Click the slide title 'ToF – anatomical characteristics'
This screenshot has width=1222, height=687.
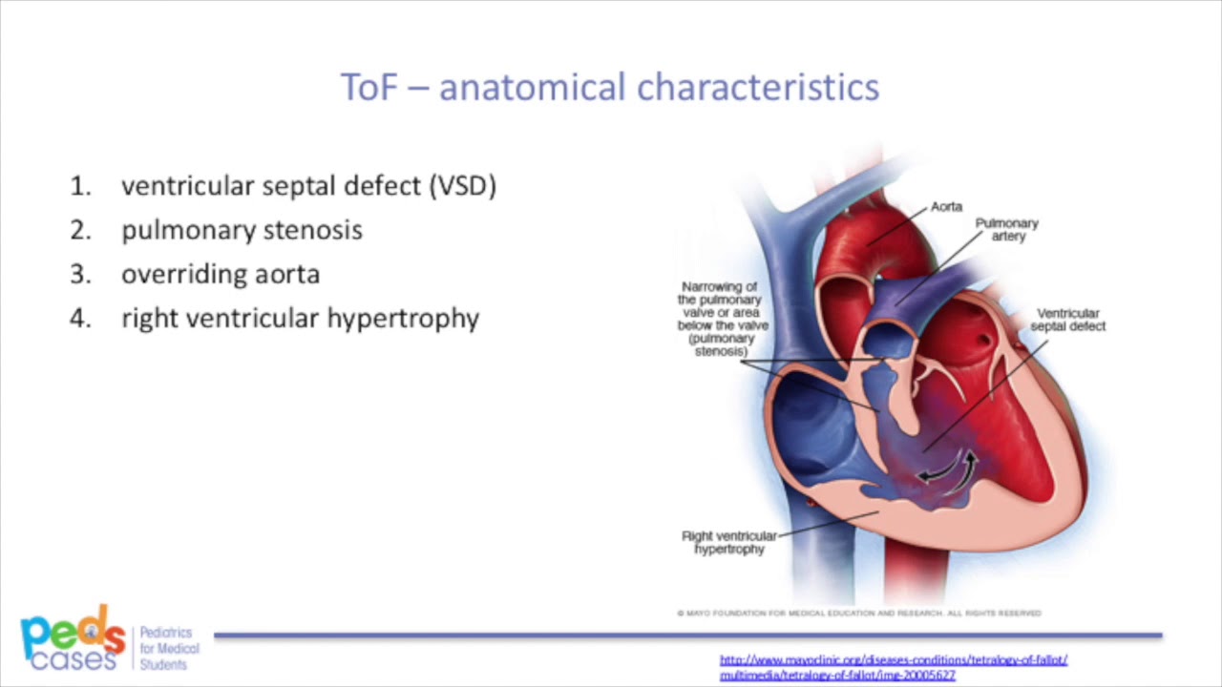coord(609,87)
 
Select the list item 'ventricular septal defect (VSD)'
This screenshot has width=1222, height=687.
coord(308,186)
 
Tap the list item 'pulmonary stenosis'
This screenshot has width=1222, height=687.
coord(242,230)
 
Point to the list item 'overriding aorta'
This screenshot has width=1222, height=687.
coord(221,274)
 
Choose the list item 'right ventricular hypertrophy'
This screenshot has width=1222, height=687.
coord(300,318)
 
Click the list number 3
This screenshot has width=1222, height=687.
coord(80,274)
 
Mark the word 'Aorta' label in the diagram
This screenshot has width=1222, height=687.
coord(946,206)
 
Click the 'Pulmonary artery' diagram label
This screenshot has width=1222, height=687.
coord(1006,229)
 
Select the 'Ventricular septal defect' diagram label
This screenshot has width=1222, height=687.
coord(1067,320)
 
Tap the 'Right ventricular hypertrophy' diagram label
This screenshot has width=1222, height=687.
coord(729,543)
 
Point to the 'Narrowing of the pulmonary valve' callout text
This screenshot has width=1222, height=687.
coord(723,319)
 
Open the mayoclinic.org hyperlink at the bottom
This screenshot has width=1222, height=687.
coord(893,667)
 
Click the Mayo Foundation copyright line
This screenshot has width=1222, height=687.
coord(858,613)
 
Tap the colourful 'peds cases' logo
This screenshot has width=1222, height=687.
coord(73,637)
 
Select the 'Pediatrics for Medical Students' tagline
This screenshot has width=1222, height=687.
coord(169,648)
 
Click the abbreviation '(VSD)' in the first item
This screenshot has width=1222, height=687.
coord(463,186)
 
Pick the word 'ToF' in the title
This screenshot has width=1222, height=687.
coord(367,88)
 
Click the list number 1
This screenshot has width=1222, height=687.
coord(80,186)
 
